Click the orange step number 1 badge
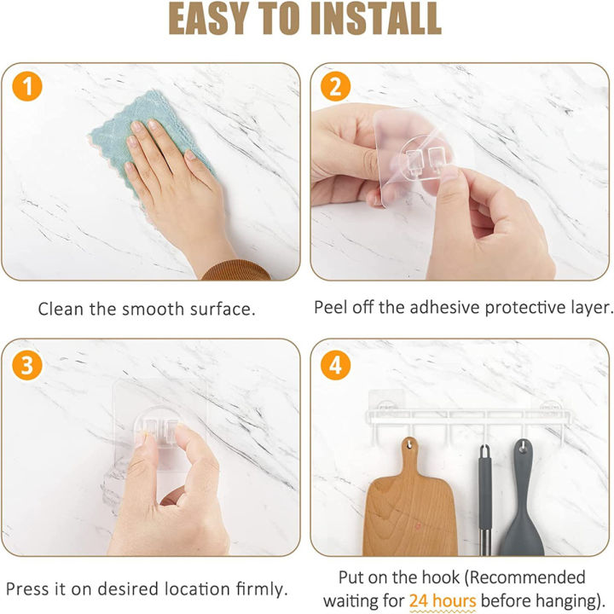click(x=27, y=86)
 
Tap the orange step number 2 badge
click(x=336, y=86)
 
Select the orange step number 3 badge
click(x=27, y=365)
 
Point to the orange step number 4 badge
click(x=336, y=365)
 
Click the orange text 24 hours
click(x=443, y=600)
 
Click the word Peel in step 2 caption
click(x=331, y=307)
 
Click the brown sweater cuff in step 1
click(x=237, y=270)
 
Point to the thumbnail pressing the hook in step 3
click(x=140, y=439)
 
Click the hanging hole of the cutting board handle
click(x=409, y=445)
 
